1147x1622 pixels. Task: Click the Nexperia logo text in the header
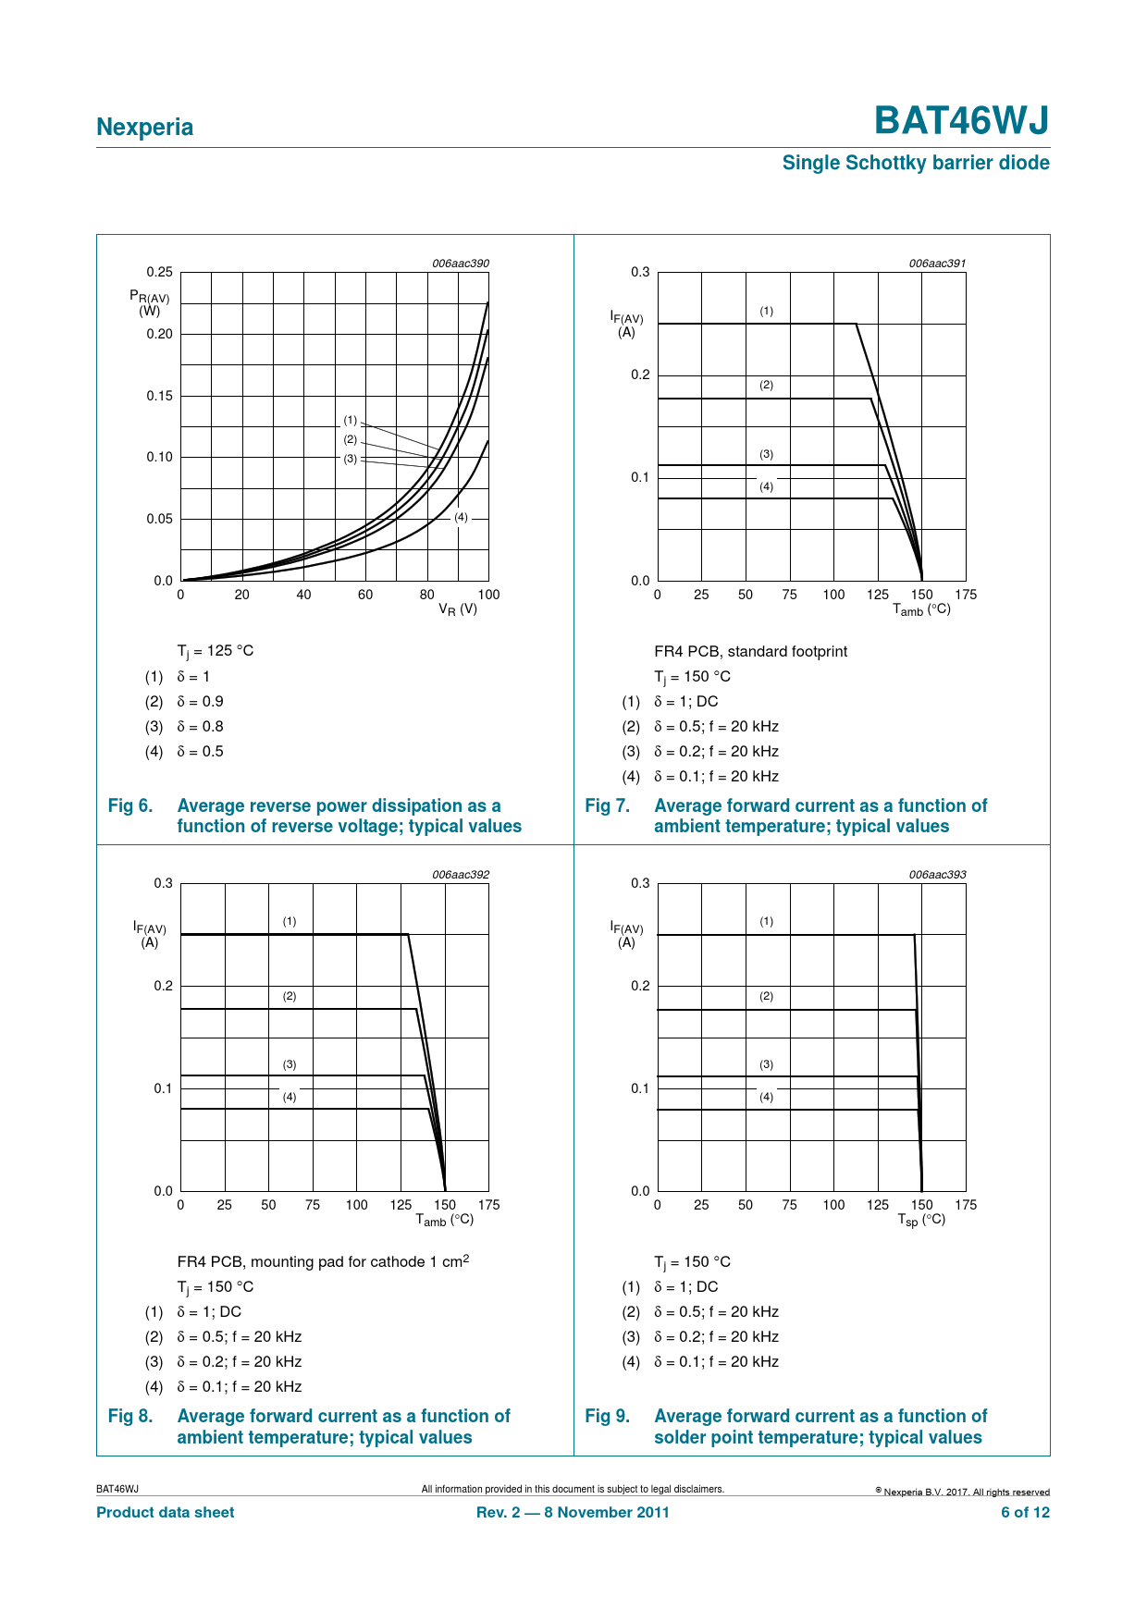pyautogui.click(x=145, y=128)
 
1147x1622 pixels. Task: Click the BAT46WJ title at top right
pyautogui.click(x=961, y=121)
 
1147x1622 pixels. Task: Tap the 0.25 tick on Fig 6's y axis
pyautogui.click(x=159, y=272)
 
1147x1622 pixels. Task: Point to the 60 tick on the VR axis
pyautogui.click(x=365, y=595)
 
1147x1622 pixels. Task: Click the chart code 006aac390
pyautogui.click(x=461, y=264)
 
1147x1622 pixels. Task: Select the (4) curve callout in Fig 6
pyautogui.click(x=461, y=517)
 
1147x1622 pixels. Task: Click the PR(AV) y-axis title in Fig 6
pyautogui.click(x=150, y=302)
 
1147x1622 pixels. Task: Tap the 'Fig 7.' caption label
pyautogui.click(x=607, y=805)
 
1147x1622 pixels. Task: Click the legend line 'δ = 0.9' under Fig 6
pyautogui.click(x=200, y=702)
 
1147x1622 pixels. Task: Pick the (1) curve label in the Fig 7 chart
pyautogui.click(x=767, y=311)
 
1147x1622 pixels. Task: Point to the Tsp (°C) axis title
pyautogui.click(x=921, y=1220)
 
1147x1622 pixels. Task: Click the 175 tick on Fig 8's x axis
pyautogui.click(x=489, y=1205)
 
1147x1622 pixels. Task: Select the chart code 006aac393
pyautogui.click(x=937, y=875)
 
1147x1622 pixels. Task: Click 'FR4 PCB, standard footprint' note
pyautogui.click(x=750, y=651)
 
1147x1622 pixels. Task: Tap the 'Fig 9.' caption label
pyautogui.click(x=607, y=1416)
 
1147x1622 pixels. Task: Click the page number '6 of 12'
pyautogui.click(x=1025, y=1512)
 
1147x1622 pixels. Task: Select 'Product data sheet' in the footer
pyautogui.click(x=166, y=1512)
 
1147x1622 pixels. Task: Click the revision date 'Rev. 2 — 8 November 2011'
pyautogui.click(x=573, y=1512)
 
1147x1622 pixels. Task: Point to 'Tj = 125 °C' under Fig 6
pyautogui.click(x=216, y=651)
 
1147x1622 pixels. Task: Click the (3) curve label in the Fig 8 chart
pyautogui.click(x=290, y=1064)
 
